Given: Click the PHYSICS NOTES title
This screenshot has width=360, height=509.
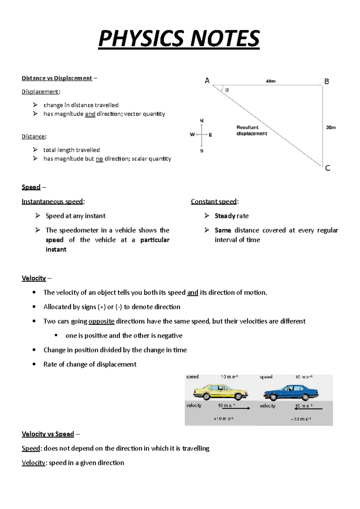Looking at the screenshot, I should tap(179, 39).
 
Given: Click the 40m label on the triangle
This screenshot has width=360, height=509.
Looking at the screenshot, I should tap(271, 81).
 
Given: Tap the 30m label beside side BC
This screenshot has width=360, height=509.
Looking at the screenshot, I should tap(331, 127).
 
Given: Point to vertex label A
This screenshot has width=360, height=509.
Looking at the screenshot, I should tap(207, 81).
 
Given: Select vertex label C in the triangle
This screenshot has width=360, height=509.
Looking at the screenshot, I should tap(328, 168).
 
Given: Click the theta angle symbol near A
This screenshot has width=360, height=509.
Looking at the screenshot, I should tap(227, 90).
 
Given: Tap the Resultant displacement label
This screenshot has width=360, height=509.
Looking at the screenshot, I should tap(251, 130).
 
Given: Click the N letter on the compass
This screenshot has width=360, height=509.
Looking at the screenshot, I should tap(202, 121).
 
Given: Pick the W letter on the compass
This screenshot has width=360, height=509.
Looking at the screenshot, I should tap(192, 135).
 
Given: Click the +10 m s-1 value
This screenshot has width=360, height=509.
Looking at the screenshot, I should tap(223, 419).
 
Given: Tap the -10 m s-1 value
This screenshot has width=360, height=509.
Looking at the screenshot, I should tap(301, 419).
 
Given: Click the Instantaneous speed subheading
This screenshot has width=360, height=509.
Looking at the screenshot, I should tap(52, 201).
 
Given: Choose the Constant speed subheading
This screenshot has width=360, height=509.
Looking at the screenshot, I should tap(214, 201).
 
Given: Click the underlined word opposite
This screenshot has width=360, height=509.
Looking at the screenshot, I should tap(101, 321).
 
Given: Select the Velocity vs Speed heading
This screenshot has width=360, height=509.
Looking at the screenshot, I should tap(48, 434).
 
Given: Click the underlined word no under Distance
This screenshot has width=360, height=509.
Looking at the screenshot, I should tap(99, 159).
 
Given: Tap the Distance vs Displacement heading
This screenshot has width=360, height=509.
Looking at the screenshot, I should tap(57, 78).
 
